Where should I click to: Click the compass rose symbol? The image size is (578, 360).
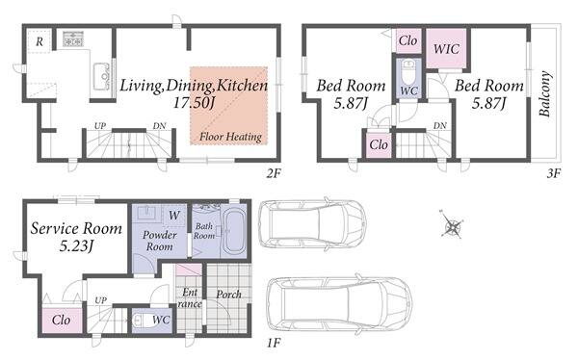pyautogui.click(x=451, y=224)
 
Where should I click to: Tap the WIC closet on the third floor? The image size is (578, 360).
pyautogui.click(x=446, y=49)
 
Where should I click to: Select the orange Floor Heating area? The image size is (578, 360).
pyautogui.click(x=229, y=106)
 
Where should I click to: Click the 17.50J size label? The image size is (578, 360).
pyautogui.click(x=194, y=103)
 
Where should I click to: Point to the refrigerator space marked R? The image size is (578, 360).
pyautogui.click(x=39, y=42)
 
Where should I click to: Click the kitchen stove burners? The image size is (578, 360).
pyautogui.click(x=73, y=39)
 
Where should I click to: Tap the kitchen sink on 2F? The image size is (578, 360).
pyautogui.click(x=101, y=77)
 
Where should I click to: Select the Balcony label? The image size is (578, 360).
pyautogui.click(x=545, y=93)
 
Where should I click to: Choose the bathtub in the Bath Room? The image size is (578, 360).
pyautogui.click(x=235, y=231)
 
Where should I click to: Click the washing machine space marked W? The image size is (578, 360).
pyautogui.click(x=174, y=215)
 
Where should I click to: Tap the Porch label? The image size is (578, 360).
pyautogui.click(x=228, y=295)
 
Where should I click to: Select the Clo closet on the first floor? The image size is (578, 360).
pyautogui.click(x=62, y=320)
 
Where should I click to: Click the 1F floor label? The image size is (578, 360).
pyautogui.click(x=274, y=344)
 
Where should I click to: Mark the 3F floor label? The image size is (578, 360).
pyautogui.click(x=554, y=173)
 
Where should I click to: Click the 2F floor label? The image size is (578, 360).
pyautogui.click(x=274, y=173)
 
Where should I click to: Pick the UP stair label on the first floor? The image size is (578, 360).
pyautogui.click(x=100, y=300)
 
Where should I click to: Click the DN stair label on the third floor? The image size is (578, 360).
pyautogui.click(x=440, y=126)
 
